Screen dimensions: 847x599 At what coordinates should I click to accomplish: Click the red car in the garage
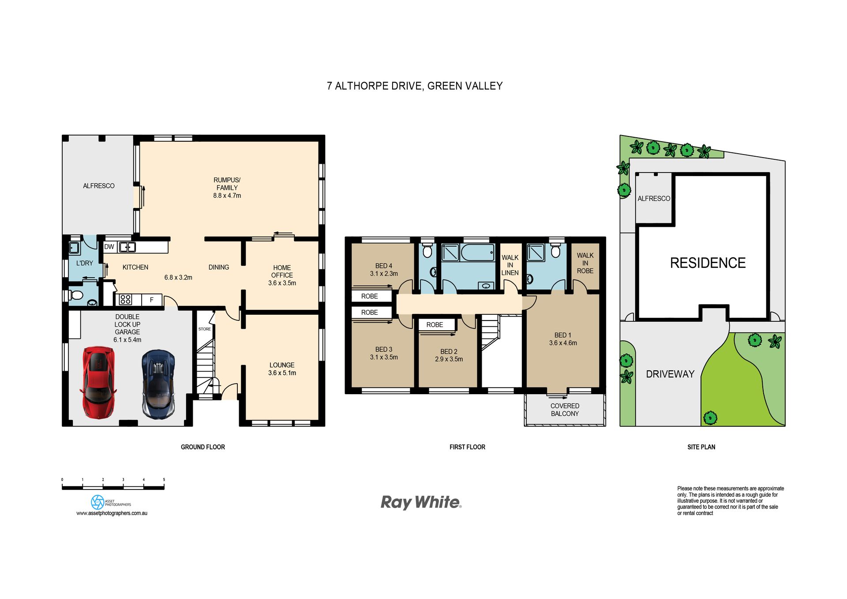click(98, 382)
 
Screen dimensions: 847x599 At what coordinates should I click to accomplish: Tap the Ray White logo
click(421, 503)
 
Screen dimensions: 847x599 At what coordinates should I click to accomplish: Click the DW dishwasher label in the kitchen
click(109, 247)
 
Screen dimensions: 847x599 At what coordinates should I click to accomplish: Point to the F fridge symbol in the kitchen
click(152, 300)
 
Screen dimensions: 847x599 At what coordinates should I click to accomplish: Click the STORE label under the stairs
click(204, 329)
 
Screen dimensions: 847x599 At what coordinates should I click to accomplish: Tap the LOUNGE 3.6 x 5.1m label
click(282, 369)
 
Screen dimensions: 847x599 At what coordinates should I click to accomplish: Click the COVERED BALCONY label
click(565, 410)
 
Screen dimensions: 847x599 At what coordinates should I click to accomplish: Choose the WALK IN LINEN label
click(510, 265)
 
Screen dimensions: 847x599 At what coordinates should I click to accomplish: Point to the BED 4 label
click(384, 266)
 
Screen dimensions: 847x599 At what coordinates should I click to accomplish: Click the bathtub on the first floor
click(477, 253)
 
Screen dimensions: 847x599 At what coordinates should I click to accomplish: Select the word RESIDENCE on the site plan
click(708, 263)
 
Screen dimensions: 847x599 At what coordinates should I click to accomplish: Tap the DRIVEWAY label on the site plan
click(670, 374)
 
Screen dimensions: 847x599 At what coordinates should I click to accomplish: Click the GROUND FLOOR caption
click(203, 447)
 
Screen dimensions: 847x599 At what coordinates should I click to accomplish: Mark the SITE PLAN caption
click(701, 447)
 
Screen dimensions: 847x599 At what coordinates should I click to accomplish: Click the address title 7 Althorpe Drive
click(415, 86)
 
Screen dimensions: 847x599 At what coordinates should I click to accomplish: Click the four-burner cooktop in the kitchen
click(125, 300)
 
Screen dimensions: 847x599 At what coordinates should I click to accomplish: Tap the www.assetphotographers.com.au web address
click(112, 513)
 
